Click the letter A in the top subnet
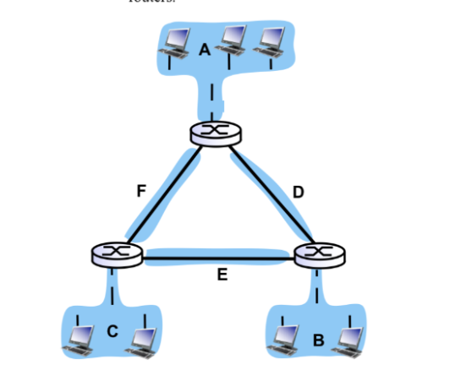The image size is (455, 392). [204, 50]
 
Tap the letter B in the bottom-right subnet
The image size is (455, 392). [318, 340]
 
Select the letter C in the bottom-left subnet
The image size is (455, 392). [112, 331]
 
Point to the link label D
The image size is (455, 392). [298, 193]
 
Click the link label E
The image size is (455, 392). [222, 275]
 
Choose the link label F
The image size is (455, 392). [141, 191]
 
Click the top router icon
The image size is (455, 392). [216, 132]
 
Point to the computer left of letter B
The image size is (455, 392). [284, 337]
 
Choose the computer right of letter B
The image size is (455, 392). [349, 337]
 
